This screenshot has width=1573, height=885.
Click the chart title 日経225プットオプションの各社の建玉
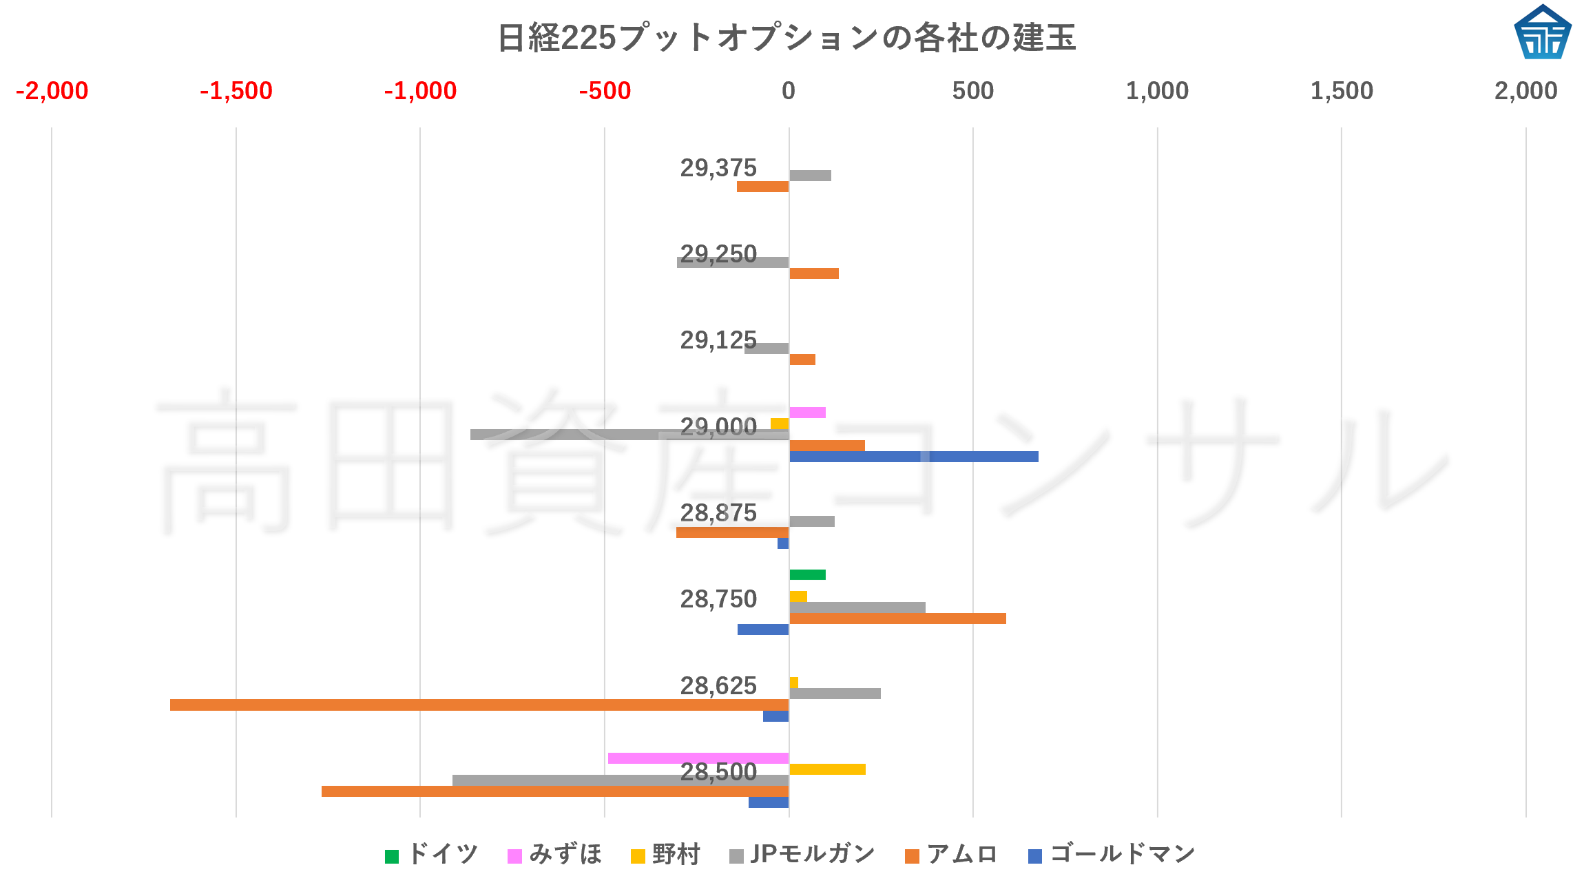[x=786, y=38]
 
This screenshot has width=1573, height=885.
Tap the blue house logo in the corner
[x=1542, y=32]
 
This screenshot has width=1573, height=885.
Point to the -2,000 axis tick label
[x=52, y=91]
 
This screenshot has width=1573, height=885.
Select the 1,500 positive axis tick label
[x=1341, y=91]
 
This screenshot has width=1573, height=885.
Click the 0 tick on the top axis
[x=789, y=91]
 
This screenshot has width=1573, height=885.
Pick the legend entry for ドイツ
[x=432, y=855]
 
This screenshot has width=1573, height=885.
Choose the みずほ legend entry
[x=555, y=855]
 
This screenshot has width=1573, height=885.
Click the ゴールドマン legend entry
[x=1112, y=855]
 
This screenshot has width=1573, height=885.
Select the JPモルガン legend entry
[x=802, y=855]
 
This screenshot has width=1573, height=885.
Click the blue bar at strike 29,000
[x=913, y=457]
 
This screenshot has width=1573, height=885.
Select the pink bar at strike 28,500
[x=698, y=758]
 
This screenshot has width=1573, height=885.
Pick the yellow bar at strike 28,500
[x=827, y=769]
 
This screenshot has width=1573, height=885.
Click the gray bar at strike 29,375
[x=810, y=176]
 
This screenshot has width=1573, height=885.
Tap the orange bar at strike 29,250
[x=813, y=273]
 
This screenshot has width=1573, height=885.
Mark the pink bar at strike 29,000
[x=807, y=413]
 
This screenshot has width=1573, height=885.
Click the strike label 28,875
[x=718, y=513]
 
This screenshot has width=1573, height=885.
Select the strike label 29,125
[x=718, y=340]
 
